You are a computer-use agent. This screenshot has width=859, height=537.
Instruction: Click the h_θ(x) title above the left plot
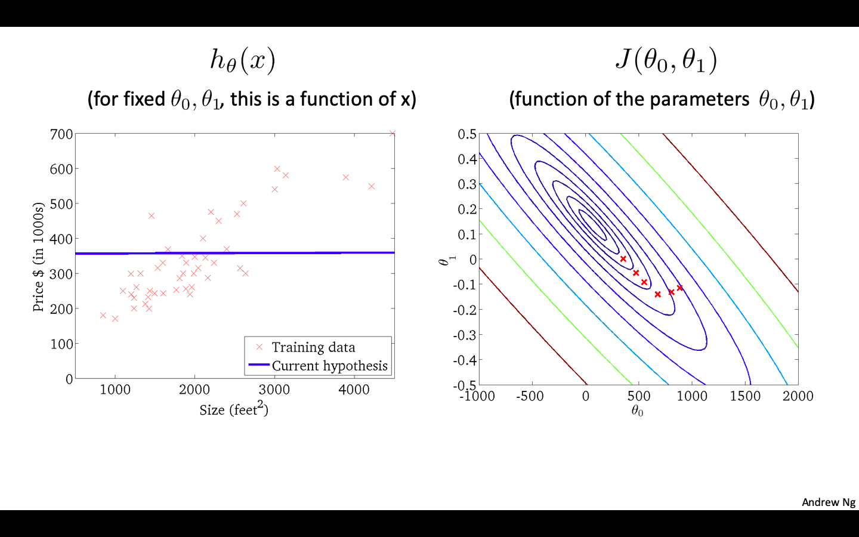click(242, 60)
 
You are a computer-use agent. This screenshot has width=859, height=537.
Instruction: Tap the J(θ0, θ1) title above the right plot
click(666, 60)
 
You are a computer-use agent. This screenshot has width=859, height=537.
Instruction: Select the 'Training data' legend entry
click(313, 347)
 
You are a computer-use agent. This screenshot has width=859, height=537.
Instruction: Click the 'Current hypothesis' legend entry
click(329, 365)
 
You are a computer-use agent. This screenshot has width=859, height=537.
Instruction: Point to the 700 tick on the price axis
click(61, 134)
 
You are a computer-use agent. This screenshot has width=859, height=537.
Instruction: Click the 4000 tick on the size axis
click(354, 390)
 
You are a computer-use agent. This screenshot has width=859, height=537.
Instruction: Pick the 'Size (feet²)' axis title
click(234, 409)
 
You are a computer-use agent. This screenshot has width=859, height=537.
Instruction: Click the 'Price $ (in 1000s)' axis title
click(38, 257)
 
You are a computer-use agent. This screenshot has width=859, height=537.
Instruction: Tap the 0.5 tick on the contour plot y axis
click(467, 134)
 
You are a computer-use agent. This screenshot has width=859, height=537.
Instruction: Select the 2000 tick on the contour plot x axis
click(798, 396)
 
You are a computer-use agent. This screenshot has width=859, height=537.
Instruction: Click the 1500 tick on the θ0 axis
click(745, 396)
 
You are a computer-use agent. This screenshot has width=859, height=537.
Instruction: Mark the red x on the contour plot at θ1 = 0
click(623, 259)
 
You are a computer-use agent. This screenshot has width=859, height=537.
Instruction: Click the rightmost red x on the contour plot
click(679, 288)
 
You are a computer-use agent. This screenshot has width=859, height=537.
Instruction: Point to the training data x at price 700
click(392, 134)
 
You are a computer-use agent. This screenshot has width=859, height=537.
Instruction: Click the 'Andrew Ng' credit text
click(828, 502)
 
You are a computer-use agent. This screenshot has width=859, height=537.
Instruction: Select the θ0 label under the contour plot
click(637, 411)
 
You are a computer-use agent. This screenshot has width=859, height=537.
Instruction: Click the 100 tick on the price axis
click(61, 344)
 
